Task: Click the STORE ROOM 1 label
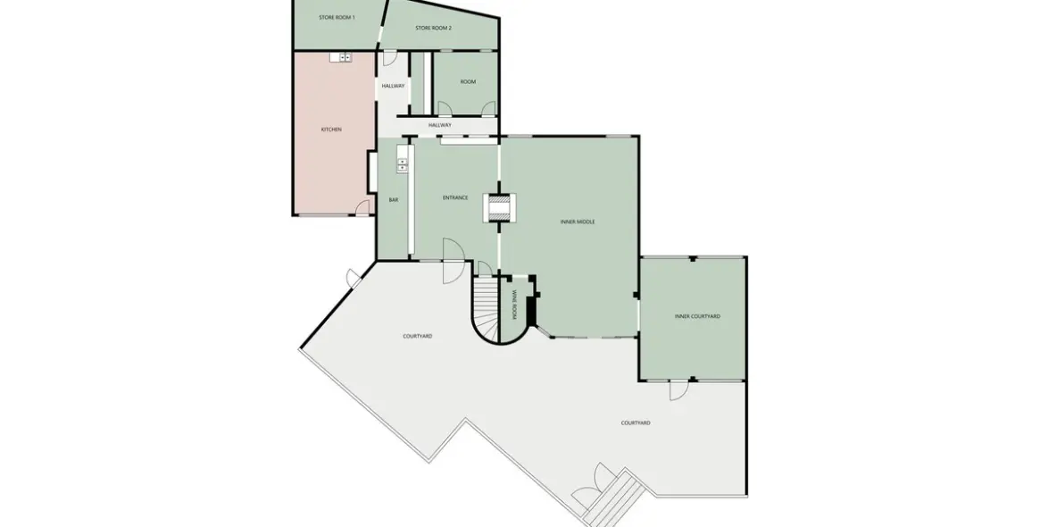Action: point(337,17)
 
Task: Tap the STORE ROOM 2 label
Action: point(433,28)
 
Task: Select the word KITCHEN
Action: point(331,130)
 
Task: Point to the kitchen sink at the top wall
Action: point(340,57)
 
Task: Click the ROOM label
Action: point(468,81)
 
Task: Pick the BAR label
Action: point(393,199)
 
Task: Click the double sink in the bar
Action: point(402,164)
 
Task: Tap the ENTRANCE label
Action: point(455,197)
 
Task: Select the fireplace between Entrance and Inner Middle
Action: point(498,207)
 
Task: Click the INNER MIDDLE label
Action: point(578,222)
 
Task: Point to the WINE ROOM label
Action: point(515,304)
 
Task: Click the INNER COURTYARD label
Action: point(697,316)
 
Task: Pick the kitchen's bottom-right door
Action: point(362,208)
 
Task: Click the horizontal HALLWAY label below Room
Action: point(439,125)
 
